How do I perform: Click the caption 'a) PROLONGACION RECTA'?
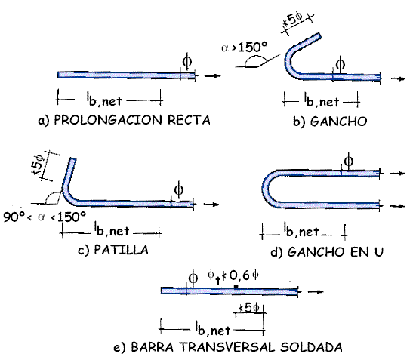[124, 120]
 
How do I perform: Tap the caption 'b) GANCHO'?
[330, 122]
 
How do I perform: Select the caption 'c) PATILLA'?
[113, 250]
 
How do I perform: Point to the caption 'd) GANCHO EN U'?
[327, 252]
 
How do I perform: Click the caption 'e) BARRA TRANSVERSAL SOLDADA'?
[228, 347]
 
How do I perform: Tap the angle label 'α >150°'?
[244, 48]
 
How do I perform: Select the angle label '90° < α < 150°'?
[45, 217]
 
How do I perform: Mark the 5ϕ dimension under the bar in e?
[249, 307]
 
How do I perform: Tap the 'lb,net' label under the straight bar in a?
[104, 100]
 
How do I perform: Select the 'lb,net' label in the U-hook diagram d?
[301, 231]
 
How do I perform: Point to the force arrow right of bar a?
[213, 75]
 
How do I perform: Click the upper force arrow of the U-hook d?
[397, 173]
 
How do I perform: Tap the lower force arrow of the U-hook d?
[397, 206]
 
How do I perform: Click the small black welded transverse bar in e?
[236, 287]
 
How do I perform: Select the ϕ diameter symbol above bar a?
[187, 61]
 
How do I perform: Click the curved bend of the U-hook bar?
[265, 189]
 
